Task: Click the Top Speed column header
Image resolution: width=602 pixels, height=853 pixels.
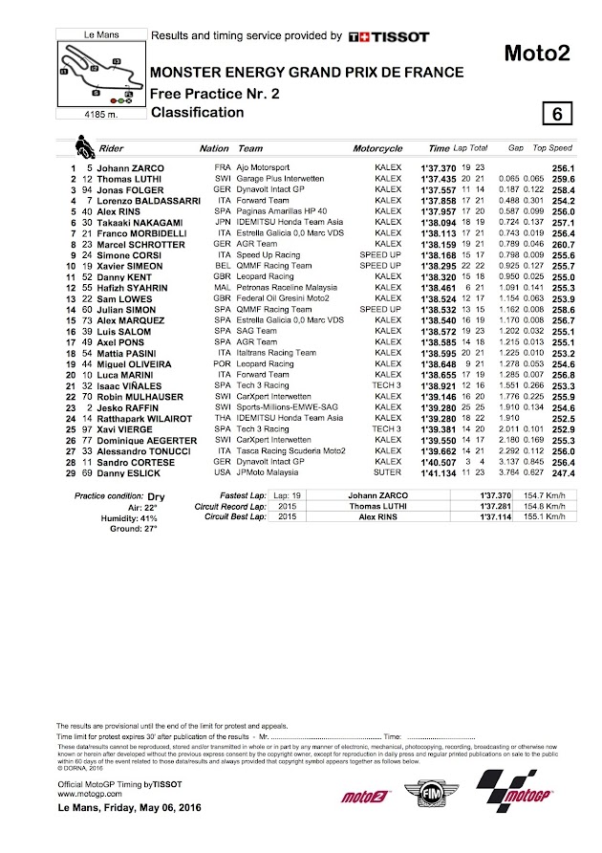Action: (552, 149)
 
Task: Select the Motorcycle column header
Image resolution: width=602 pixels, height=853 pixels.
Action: (377, 149)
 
